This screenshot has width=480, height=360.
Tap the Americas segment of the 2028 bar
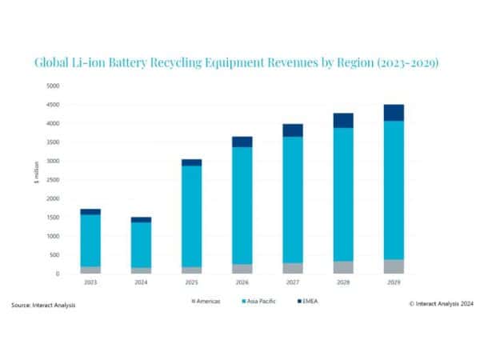pos(343,267)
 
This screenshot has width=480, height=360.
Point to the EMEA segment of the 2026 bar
pos(242,142)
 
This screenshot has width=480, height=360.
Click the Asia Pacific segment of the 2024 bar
pos(141,244)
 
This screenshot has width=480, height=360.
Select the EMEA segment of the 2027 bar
pos(292,130)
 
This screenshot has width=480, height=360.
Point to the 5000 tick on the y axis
pos(52,86)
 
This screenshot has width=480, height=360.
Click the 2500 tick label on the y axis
pos(52,179)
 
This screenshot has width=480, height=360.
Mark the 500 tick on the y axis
pos(54,255)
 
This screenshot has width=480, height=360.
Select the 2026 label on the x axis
pos(242,282)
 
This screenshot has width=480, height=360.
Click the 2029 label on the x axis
pos(393,282)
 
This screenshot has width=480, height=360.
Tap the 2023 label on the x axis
pos(90,282)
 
